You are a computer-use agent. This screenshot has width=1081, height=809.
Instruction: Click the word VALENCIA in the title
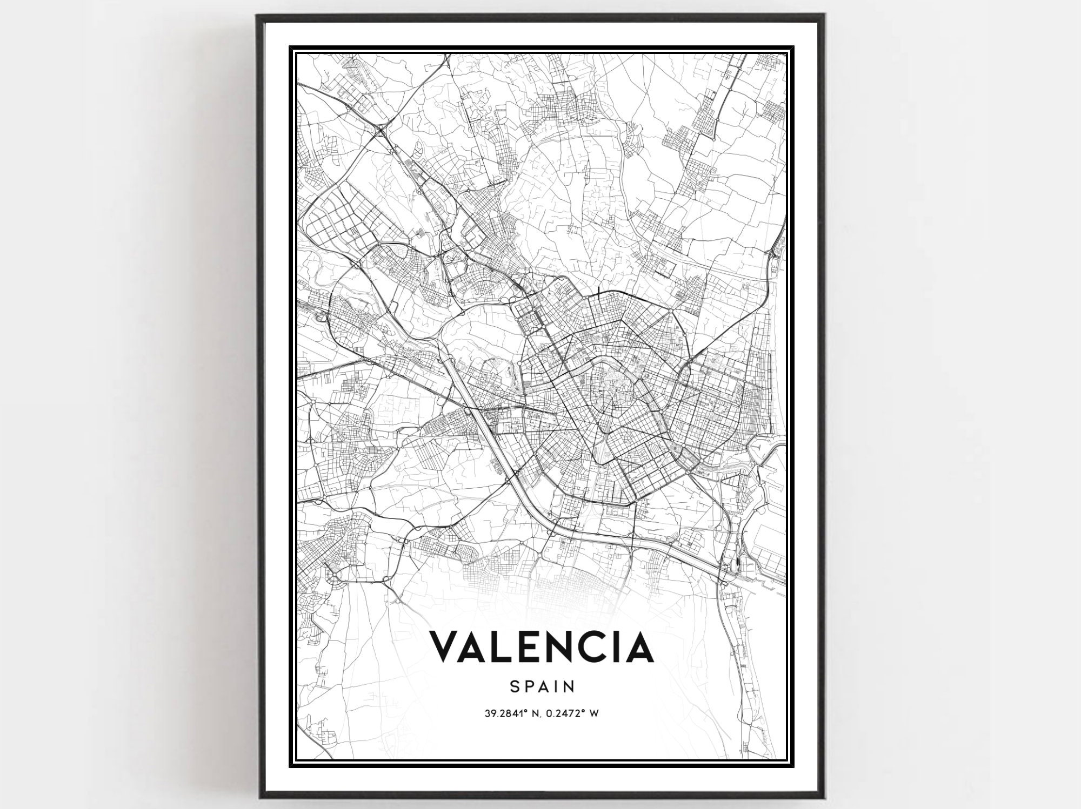click(541, 646)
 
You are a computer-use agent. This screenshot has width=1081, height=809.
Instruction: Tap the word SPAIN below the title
click(541, 686)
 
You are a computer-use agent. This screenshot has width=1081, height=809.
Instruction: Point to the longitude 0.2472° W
click(572, 713)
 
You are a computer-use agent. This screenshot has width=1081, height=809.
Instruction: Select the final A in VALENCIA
click(640, 646)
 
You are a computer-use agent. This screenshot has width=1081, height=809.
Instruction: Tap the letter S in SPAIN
click(513, 686)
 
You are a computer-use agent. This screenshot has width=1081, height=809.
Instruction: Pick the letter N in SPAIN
click(568, 686)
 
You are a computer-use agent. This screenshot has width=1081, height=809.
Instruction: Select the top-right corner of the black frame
click(824, 16)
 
